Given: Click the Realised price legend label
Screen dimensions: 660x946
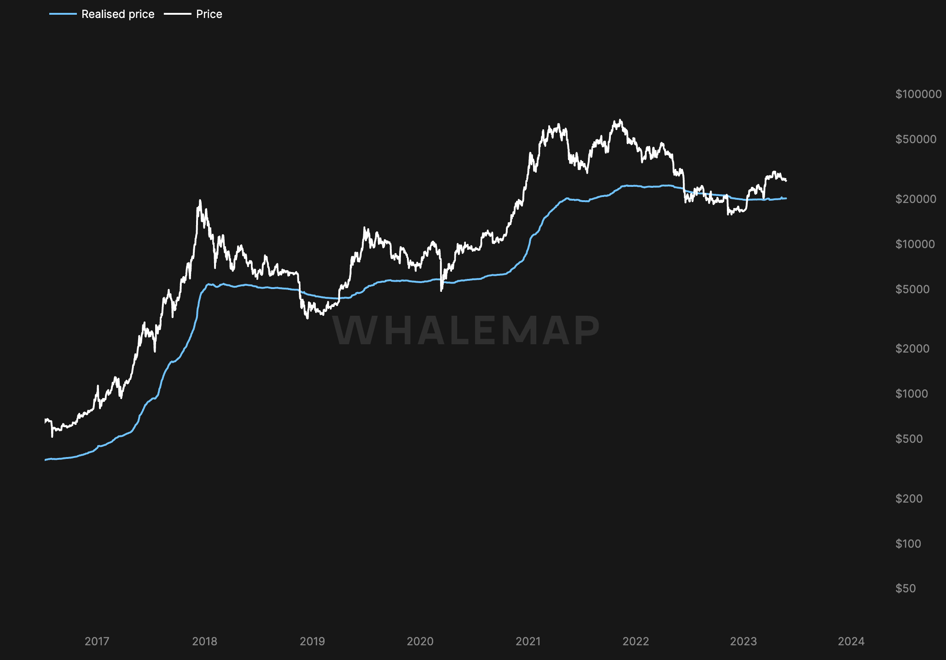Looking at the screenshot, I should [117, 14].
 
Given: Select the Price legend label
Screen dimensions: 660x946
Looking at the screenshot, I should [209, 14].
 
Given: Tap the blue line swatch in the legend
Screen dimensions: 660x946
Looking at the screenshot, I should [63, 14].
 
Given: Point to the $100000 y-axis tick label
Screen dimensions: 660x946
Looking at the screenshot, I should [918, 94].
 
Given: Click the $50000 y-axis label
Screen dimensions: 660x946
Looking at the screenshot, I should [916, 139].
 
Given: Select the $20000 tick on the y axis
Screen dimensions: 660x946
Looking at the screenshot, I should [916, 199].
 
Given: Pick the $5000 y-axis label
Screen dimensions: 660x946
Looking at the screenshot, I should [912, 289].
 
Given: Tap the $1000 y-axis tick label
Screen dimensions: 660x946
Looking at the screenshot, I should [911, 394].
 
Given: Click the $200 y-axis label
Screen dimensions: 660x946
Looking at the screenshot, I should [909, 498].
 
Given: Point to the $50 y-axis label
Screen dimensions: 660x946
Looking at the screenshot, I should [905, 588].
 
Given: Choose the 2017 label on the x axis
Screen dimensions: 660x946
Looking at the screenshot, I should [97, 641].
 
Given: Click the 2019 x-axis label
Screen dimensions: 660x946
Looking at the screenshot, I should [312, 641].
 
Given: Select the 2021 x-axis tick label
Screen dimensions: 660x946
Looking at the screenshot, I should [528, 641].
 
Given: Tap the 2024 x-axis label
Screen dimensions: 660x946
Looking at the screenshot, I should [851, 641].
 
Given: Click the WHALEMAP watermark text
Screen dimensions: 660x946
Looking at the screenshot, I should [466, 330].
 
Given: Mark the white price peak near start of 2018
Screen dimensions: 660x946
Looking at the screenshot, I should [200, 200].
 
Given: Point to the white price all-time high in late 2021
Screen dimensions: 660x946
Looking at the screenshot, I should [620, 120].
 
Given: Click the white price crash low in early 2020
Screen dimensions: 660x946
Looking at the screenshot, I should [441, 290].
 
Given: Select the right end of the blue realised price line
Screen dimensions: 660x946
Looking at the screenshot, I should [786, 198].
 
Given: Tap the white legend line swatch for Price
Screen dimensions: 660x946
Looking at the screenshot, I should [178, 14].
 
